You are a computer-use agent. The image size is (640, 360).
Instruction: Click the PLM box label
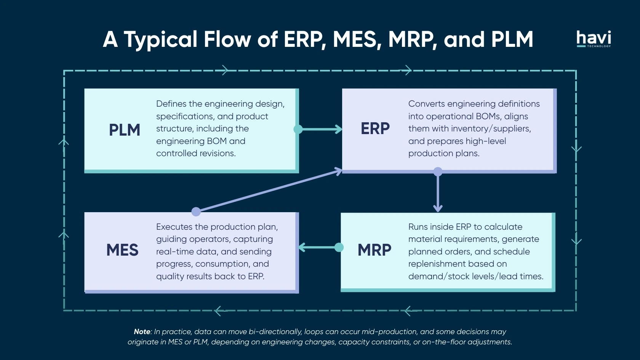[x=125, y=130]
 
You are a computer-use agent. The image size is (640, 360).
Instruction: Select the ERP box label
[x=375, y=129]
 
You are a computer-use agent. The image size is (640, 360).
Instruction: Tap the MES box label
[x=122, y=250]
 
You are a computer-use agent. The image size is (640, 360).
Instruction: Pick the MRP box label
[x=374, y=250]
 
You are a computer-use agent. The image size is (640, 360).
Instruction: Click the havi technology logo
[x=593, y=39]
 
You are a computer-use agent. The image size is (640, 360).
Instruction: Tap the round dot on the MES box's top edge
[x=196, y=211]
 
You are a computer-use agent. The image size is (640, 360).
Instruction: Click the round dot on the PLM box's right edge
[x=298, y=130]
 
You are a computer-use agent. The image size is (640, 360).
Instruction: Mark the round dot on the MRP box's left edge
[x=339, y=248]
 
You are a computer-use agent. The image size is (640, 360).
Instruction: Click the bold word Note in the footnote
[x=142, y=332]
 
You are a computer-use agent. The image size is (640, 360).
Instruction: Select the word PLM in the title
[x=512, y=39]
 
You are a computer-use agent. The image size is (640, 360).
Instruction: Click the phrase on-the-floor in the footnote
[x=444, y=342]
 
